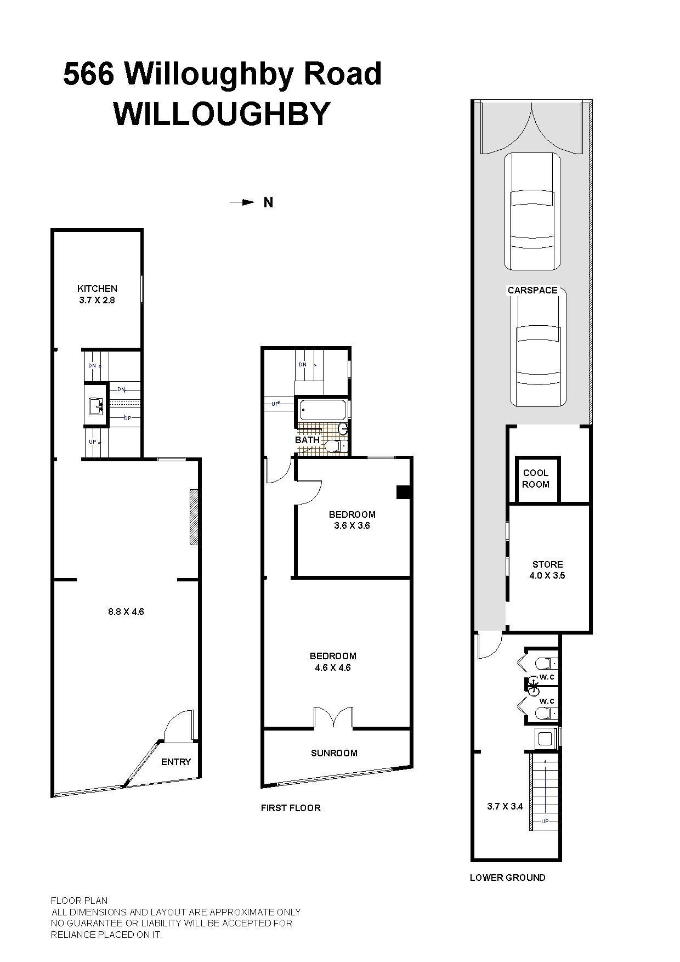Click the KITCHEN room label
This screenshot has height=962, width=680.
click(97, 288)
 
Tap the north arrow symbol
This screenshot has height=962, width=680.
click(242, 202)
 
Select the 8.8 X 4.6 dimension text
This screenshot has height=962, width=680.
click(126, 612)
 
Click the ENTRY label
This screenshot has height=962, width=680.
click(176, 762)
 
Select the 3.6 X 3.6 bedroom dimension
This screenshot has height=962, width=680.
click(352, 525)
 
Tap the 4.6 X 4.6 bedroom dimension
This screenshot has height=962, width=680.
click(333, 667)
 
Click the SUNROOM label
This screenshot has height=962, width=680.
click(334, 753)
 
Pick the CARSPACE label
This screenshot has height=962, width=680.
click(532, 290)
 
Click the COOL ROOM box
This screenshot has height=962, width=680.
click(538, 479)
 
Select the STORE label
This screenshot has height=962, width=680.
click(548, 564)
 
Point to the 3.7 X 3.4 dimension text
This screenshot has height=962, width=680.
click(505, 806)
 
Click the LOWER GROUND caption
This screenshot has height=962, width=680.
click(508, 878)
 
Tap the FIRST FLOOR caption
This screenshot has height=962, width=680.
click(291, 808)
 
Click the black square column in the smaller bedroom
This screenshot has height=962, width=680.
click(404, 493)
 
